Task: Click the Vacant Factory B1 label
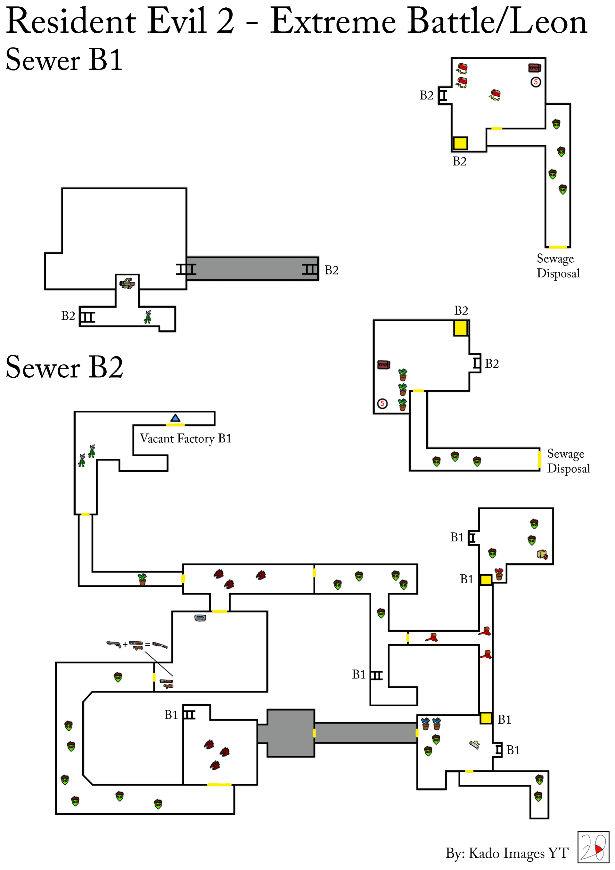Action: pos(186,439)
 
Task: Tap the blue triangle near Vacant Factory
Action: pos(175,418)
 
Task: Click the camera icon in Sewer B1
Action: pos(127,283)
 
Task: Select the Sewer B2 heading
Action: pos(64,367)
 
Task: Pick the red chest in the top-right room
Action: pos(534,68)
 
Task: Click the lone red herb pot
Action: pos(499,574)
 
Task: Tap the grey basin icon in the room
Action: pos(200,618)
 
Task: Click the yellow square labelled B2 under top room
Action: pos(460,143)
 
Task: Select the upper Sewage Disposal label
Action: pos(558,266)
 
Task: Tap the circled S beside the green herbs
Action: pos(382,404)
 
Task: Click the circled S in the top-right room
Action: pos(536,82)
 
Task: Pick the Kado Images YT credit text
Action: pos(507,853)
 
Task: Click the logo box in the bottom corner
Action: pos(593,847)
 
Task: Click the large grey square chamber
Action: pos(291,733)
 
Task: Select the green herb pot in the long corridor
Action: pos(142,579)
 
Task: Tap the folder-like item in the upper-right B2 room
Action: pos(542,555)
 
